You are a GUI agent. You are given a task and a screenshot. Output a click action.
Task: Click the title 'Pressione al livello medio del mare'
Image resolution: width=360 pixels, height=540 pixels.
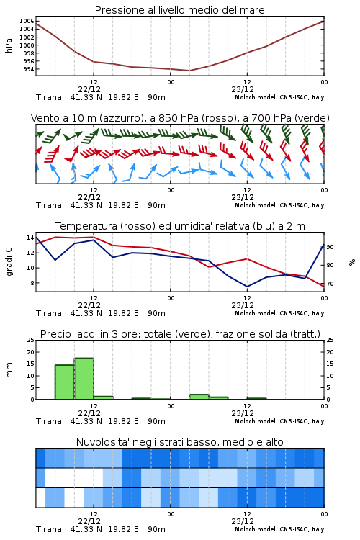pos(179,10)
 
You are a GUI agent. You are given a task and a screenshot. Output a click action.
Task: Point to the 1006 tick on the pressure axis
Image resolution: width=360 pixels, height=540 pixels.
pos(27,21)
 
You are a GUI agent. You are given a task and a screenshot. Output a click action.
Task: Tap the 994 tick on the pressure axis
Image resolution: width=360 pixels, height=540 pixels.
pos(28,69)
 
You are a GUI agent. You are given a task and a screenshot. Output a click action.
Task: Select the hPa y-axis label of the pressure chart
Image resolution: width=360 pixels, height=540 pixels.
pos(9,45)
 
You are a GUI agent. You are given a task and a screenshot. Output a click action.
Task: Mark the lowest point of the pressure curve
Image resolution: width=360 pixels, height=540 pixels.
pos(189,71)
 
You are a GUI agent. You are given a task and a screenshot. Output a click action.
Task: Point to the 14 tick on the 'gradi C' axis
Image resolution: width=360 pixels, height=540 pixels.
pos(30,238)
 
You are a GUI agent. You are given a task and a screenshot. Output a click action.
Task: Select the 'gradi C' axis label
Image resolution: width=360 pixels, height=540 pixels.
pos(9,262)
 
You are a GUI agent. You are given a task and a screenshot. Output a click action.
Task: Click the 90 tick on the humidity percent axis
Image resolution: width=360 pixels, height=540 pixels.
pos(330,247)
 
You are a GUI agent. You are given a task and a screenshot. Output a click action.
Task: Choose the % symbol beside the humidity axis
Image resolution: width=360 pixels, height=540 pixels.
pos(352,262)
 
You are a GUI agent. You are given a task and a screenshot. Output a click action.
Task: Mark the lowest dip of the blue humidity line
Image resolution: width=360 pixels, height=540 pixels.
pos(247,287)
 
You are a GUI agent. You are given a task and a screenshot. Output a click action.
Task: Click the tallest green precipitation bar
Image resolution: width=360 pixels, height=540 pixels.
pos(84,379)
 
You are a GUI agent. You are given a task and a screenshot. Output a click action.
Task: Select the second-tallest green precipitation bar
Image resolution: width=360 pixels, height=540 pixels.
pos(65,382)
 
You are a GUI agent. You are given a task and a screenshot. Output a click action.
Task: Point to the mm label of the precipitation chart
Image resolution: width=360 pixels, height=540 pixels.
pos(9,370)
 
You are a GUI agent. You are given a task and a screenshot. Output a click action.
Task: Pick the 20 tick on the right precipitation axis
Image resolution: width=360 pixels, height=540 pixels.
pos(330,352)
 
